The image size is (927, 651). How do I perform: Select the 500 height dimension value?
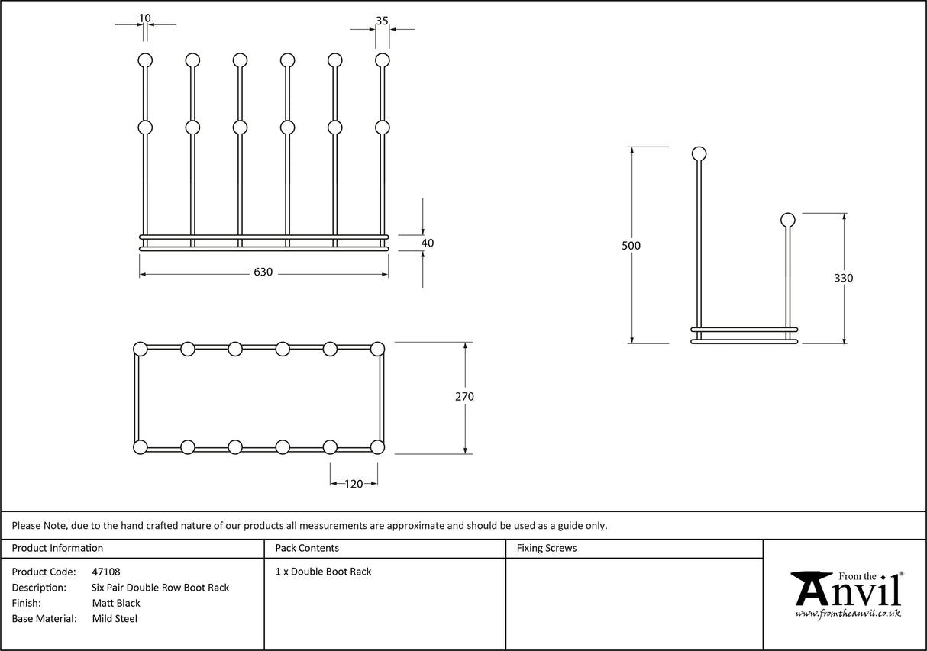click(631, 246)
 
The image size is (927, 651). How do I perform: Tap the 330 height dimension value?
click(844, 278)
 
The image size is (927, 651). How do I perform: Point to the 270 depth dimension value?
click(464, 396)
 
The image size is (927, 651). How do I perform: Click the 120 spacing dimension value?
click(354, 483)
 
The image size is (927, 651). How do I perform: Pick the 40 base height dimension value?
click(428, 243)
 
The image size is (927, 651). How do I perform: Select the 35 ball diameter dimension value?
click(382, 21)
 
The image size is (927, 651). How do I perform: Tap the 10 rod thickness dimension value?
click(145, 18)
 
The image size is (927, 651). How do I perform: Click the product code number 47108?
click(105, 572)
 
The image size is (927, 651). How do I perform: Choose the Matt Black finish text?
click(116, 603)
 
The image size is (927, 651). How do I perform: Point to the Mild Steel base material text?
click(115, 619)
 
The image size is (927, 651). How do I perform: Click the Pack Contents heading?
click(307, 548)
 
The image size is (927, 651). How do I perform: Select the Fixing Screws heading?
click(547, 548)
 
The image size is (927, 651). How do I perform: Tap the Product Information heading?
click(57, 548)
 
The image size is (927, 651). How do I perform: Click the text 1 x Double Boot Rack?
click(323, 572)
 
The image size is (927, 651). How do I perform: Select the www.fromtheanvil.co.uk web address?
click(848, 613)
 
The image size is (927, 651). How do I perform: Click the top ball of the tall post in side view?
click(699, 153)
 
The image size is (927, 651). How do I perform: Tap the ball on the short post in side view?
click(787, 221)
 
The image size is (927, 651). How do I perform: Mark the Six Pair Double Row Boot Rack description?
click(160, 588)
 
